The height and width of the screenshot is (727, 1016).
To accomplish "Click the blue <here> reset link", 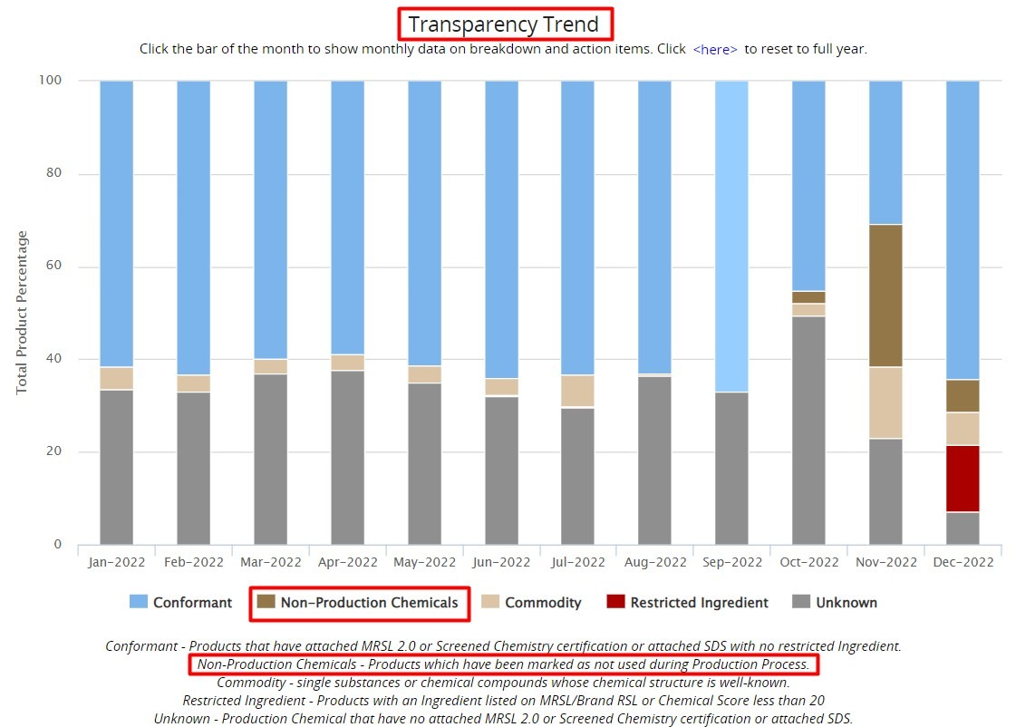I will [715, 50].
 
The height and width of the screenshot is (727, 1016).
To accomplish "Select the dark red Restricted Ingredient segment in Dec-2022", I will [963, 479].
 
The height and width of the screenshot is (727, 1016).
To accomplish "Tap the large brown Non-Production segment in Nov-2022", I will [885, 296].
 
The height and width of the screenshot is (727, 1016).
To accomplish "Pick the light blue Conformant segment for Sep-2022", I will [731, 236].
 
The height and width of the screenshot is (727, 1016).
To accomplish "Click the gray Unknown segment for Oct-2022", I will [808, 430].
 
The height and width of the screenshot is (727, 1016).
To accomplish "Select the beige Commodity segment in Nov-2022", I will [885, 402].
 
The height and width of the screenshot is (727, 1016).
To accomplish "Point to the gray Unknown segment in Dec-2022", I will [963, 528].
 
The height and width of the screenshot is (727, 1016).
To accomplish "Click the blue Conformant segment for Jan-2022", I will [116, 223].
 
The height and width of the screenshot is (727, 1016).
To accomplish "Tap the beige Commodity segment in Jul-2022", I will [577, 392].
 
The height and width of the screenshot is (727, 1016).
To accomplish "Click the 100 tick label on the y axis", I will [50, 81].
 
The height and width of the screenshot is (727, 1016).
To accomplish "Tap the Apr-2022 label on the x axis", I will [347, 562].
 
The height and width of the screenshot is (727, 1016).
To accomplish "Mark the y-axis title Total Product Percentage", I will [23, 313].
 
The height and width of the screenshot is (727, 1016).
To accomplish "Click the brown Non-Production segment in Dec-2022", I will [963, 396].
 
